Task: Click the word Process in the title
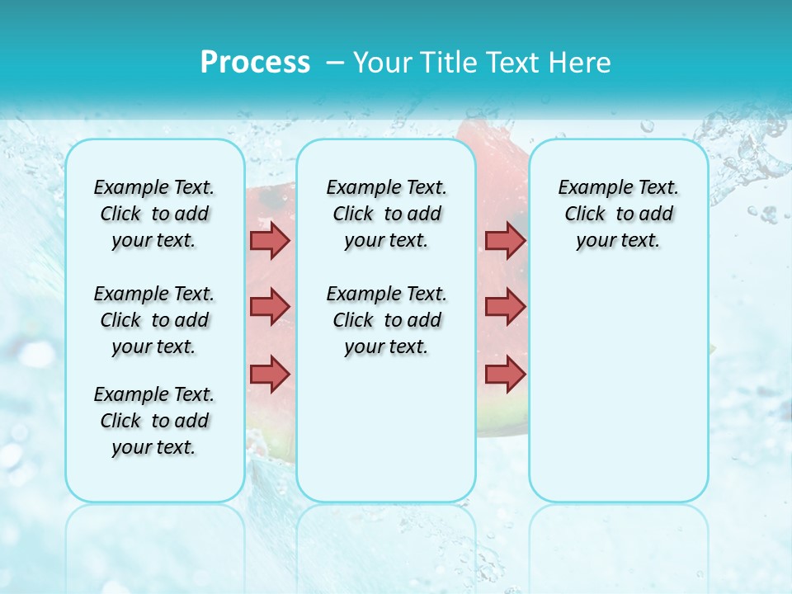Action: point(255,63)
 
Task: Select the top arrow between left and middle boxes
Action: point(270,240)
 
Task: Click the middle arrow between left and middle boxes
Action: point(270,307)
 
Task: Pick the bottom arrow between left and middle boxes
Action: point(270,374)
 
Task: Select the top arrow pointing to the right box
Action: point(505,240)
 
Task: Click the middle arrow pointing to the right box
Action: point(505,307)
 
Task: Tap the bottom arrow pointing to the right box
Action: point(505,374)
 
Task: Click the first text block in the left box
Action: point(154,214)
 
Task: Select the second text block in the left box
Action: point(154,320)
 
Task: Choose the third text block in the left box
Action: point(154,421)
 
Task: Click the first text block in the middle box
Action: point(386,214)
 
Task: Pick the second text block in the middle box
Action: point(386,320)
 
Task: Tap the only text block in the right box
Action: point(619,214)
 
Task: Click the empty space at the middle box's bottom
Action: point(386,437)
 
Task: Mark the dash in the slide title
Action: point(335,63)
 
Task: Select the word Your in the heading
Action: point(383,63)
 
